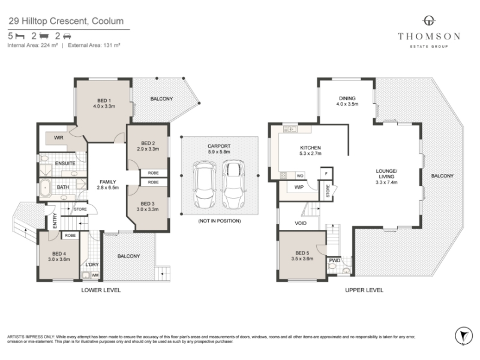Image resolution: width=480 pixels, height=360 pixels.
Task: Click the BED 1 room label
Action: pyautogui.click(x=104, y=103)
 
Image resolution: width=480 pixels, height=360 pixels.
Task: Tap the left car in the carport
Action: pyautogui.click(x=205, y=185)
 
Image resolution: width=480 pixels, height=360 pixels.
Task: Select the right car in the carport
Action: pyautogui.click(x=233, y=184)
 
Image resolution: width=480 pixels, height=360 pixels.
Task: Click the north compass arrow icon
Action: pyautogui.click(x=464, y=336)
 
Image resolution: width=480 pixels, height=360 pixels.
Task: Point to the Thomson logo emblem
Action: pyautogui.click(x=429, y=21)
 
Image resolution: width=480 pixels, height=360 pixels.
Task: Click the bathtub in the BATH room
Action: pyautogui.click(x=46, y=188)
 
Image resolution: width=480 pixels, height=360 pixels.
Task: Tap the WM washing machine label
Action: pyautogui.click(x=95, y=275)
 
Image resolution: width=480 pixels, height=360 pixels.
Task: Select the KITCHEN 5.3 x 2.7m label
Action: pyautogui.click(x=310, y=151)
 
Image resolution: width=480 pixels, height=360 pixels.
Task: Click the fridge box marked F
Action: pyautogui.click(x=326, y=173)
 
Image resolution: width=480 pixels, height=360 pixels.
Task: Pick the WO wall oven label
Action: pyautogui.click(x=300, y=176)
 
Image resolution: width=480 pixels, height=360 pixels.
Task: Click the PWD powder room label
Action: pyautogui.click(x=335, y=260)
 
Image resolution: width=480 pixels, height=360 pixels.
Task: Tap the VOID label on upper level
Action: pyautogui.click(x=301, y=223)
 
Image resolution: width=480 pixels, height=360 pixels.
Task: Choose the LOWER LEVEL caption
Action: pyautogui.click(x=101, y=290)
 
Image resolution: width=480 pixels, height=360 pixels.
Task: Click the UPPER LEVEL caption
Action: pyautogui.click(x=364, y=290)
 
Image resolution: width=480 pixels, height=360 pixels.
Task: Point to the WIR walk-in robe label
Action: pyautogui.click(x=58, y=138)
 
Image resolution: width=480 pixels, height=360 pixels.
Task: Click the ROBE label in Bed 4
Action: pyautogui.click(x=70, y=235)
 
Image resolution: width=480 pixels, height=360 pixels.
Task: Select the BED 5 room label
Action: pyautogui.click(x=302, y=256)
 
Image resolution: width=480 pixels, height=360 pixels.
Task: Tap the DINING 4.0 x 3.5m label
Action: pyautogui.click(x=347, y=101)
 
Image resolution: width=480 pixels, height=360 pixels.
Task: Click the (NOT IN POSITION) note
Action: pyautogui.click(x=219, y=221)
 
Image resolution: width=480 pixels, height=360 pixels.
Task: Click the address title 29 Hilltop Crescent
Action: pyautogui.click(x=66, y=21)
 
